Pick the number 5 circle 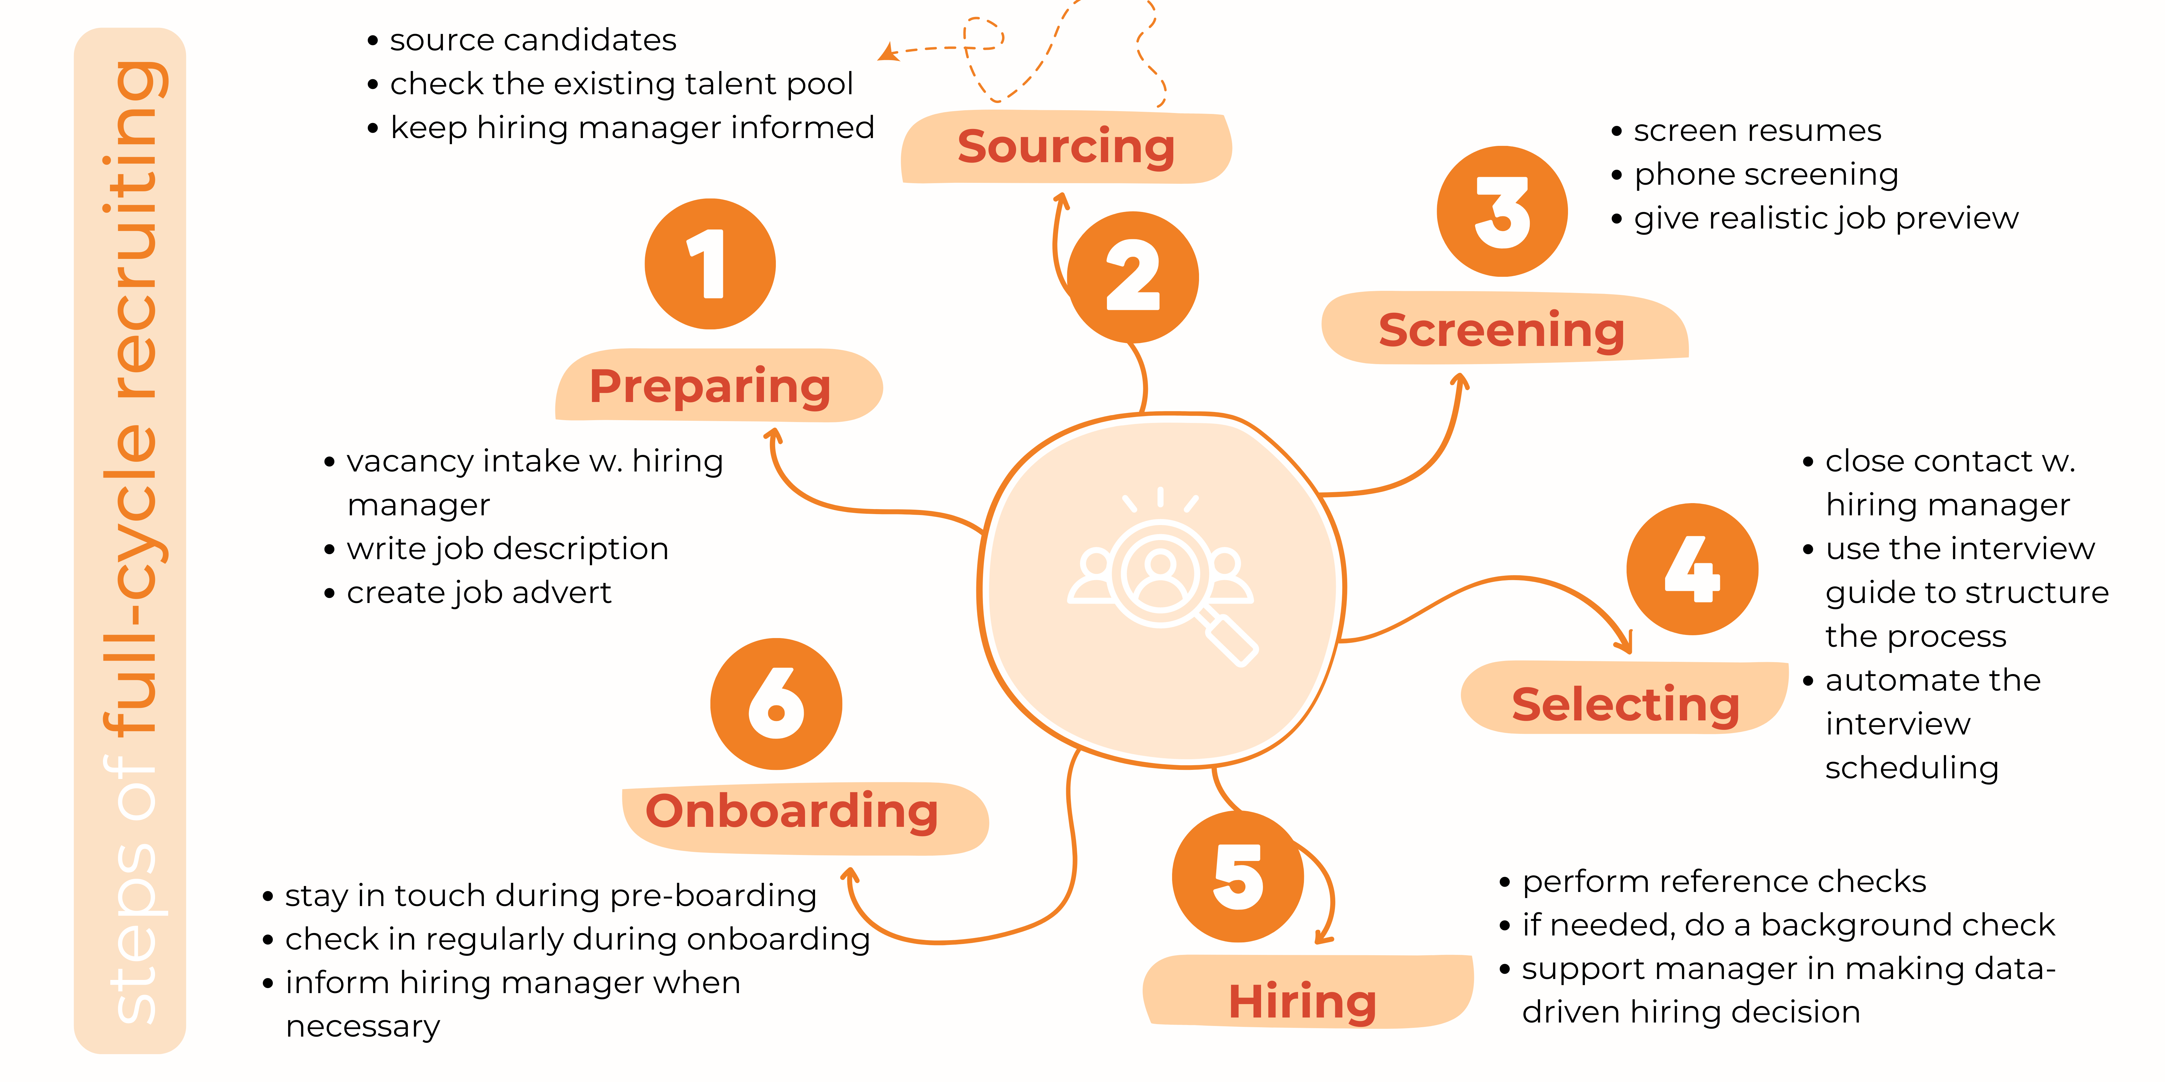point(1237,876)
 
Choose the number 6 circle point(776,704)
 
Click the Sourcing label point(1066,147)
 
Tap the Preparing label point(710,386)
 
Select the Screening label point(1502,329)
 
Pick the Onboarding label point(792,811)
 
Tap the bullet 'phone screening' point(1765,175)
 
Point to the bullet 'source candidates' point(532,40)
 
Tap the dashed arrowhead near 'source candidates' point(887,53)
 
